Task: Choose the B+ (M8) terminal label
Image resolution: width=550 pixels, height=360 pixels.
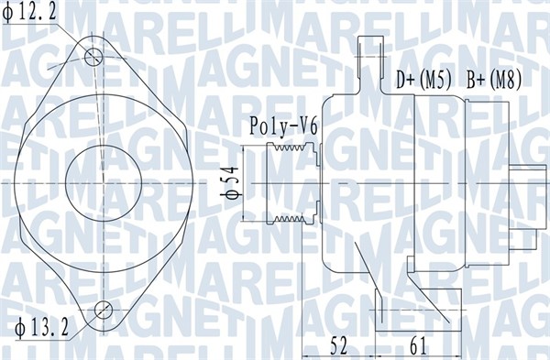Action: coord(494,80)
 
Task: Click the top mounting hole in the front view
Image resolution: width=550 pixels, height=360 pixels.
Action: coord(93,57)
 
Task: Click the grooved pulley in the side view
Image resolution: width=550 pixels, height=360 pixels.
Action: coord(291,183)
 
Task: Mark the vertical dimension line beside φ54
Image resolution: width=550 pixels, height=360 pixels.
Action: coord(243,183)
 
